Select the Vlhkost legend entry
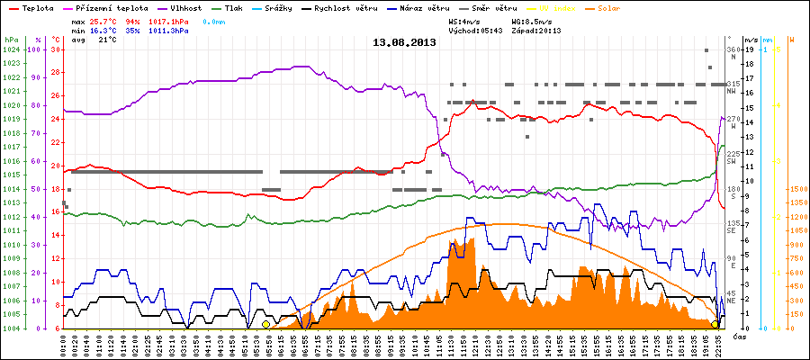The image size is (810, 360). pos(185,6)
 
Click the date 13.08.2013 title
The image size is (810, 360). pos(404,42)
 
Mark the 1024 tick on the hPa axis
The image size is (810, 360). pos(11,49)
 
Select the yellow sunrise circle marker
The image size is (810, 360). pos(265,324)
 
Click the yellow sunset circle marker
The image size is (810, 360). pos(715,324)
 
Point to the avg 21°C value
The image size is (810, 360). pos(107,40)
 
